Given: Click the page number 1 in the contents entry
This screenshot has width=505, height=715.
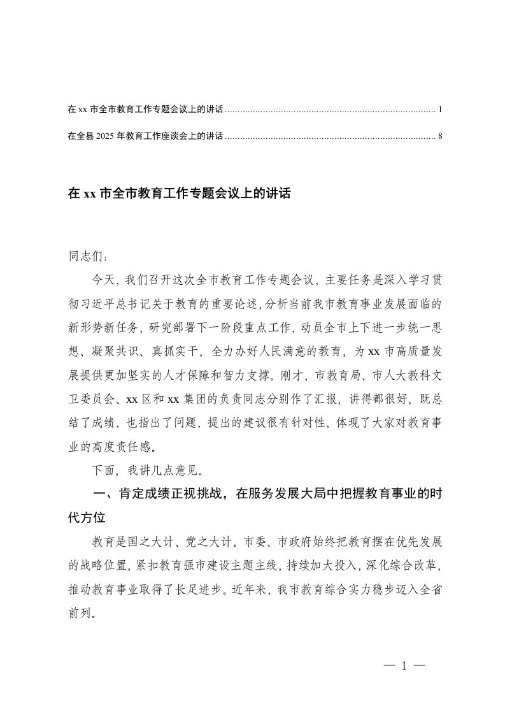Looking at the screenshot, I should tap(440, 110).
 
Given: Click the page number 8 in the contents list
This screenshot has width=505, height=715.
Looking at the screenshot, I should tap(440, 136).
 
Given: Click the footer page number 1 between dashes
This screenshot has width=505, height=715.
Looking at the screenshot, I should tap(404, 666).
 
